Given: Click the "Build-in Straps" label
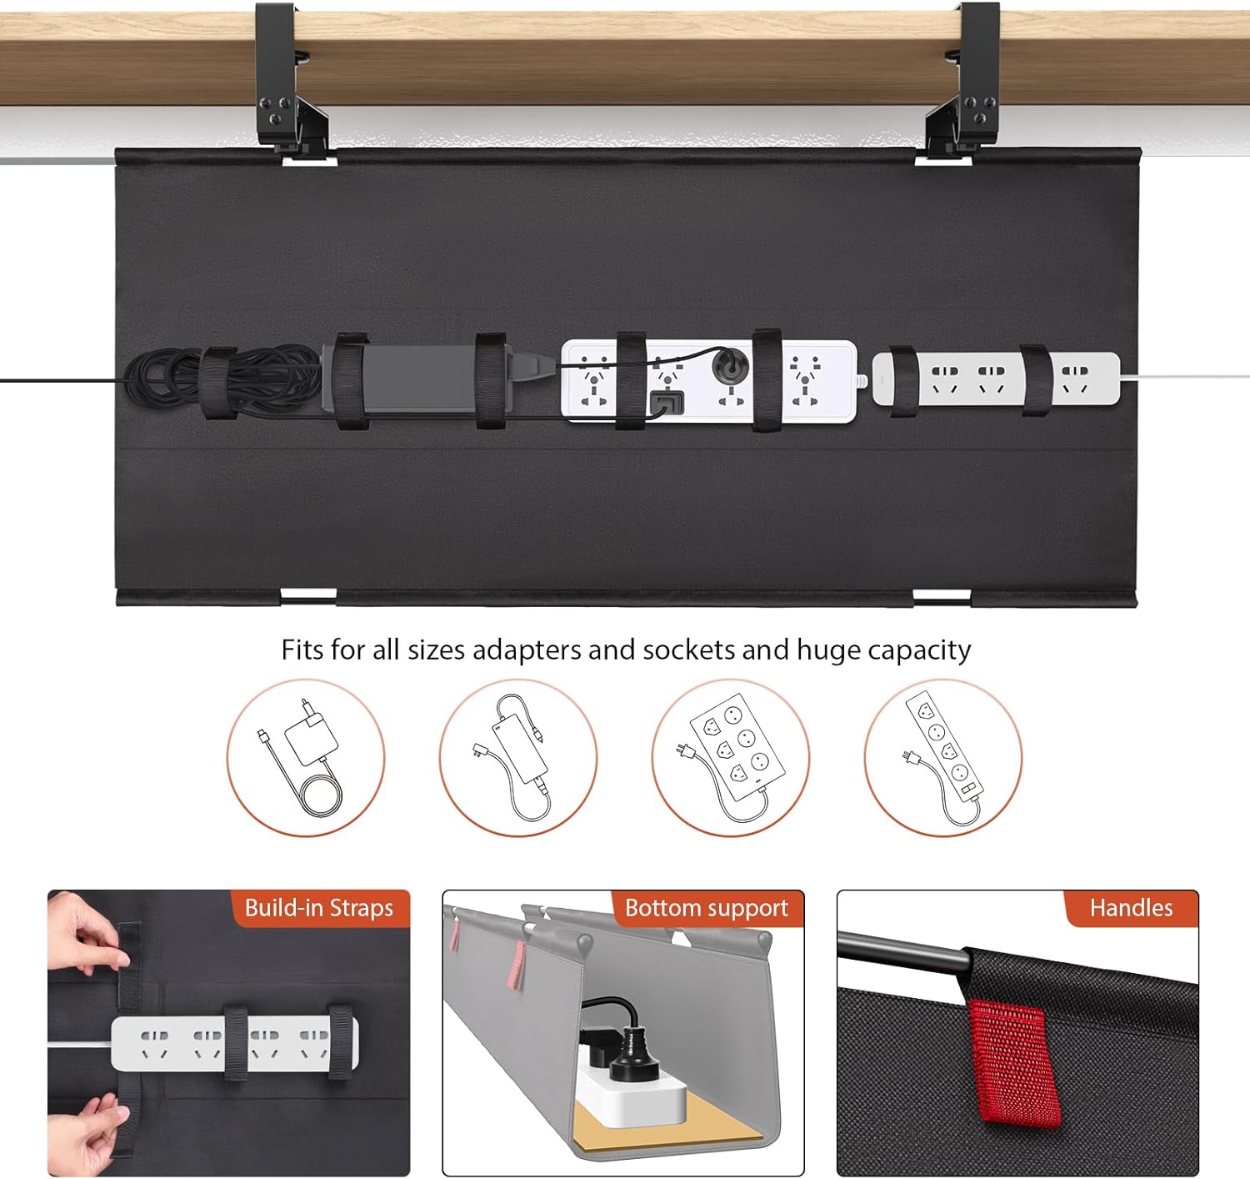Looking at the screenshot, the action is coord(318,907).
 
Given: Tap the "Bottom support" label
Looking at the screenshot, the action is coord(706,907).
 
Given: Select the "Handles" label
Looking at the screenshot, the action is coord(1131,907).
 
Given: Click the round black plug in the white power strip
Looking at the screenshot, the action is coord(729,364).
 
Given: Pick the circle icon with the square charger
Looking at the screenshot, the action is coord(306,758).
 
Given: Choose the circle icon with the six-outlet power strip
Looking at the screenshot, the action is coord(730,758).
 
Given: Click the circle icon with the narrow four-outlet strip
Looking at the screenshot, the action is coord(942,758).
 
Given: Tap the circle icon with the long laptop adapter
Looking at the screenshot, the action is coord(518,758).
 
